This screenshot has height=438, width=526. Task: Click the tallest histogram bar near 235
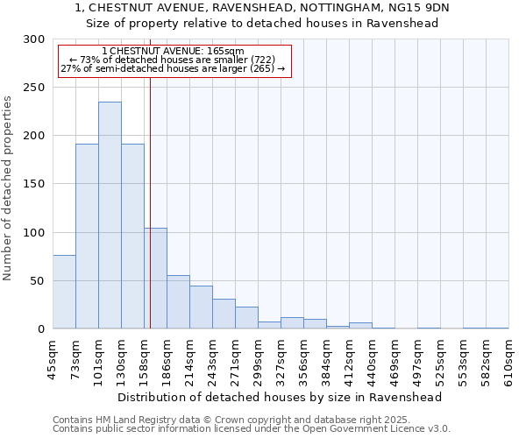click(110, 215)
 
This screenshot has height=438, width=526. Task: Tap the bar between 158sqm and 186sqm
click(155, 279)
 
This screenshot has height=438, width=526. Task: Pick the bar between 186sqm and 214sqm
click(178, 302)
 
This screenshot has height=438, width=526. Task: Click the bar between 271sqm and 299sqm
click(246, 318)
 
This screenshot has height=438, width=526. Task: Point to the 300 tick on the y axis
click(34, 39)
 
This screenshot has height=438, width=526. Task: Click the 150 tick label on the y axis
click(34, 184)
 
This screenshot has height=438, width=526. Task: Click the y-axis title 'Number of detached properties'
click(8, 188)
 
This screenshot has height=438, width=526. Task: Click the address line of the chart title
click(262, 8)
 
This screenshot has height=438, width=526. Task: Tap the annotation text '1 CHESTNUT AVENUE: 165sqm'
click(173, 52)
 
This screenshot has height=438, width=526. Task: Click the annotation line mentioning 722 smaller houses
click(173, 60)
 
